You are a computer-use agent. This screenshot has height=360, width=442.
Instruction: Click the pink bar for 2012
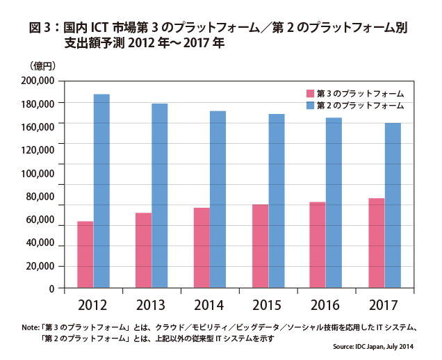[x=85, y=254]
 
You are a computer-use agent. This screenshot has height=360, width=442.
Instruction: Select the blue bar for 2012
[x=102, y=190]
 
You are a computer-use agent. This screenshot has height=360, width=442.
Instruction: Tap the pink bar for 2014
[x=201, y=247]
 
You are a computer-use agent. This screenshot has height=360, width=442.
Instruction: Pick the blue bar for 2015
[x=276, y=201]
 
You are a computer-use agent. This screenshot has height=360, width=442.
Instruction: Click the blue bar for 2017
[x=393, y=205]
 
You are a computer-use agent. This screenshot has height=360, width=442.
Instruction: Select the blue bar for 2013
[x=160, y=195]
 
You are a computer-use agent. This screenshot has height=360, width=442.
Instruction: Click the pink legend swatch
[x=311, y=92]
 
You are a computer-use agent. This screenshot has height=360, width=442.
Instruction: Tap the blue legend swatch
[x=311, y=105]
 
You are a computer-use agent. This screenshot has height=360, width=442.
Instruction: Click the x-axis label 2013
[x=152, y=304]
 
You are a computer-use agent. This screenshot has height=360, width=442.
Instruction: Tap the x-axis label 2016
[x=325, y=304]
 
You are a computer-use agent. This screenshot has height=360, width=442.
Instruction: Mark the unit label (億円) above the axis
[x=42, y=65]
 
